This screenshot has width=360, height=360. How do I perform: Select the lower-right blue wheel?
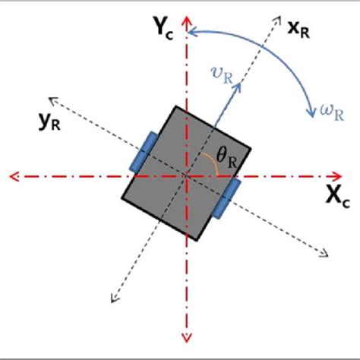point(226,199)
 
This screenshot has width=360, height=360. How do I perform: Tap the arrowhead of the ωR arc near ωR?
point(311,114)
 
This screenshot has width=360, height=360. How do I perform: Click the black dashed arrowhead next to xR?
point(273,15)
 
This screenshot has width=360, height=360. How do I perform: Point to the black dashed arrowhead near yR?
point(51,98)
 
